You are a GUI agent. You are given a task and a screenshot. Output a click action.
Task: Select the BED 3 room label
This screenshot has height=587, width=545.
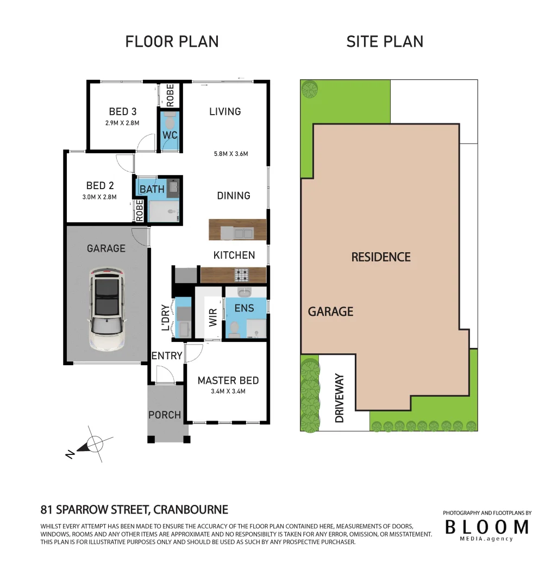click(123, 112)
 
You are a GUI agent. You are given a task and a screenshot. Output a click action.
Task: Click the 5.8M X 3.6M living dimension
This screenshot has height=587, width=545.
click(231, 154)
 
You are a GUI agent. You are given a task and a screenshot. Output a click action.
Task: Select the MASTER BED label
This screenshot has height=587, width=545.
click(228, 380)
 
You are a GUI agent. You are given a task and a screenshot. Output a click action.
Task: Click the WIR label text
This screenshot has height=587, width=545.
click(214, 318)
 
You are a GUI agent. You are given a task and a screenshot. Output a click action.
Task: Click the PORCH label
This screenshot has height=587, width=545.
click(165, 415)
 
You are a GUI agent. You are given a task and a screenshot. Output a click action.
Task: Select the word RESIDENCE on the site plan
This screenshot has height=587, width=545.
click(381, 257)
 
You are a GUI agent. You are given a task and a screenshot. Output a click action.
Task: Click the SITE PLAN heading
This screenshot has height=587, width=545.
click(385, 42)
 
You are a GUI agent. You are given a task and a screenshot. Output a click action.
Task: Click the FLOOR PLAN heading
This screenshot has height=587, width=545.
click(172, 42)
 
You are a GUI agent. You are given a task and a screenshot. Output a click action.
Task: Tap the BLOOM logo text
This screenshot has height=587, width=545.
click(486, 526)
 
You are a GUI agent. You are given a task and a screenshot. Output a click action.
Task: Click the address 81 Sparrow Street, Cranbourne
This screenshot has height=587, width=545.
click(134, 510)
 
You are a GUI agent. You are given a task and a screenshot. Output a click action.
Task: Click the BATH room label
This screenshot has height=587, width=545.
click(152, 189)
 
